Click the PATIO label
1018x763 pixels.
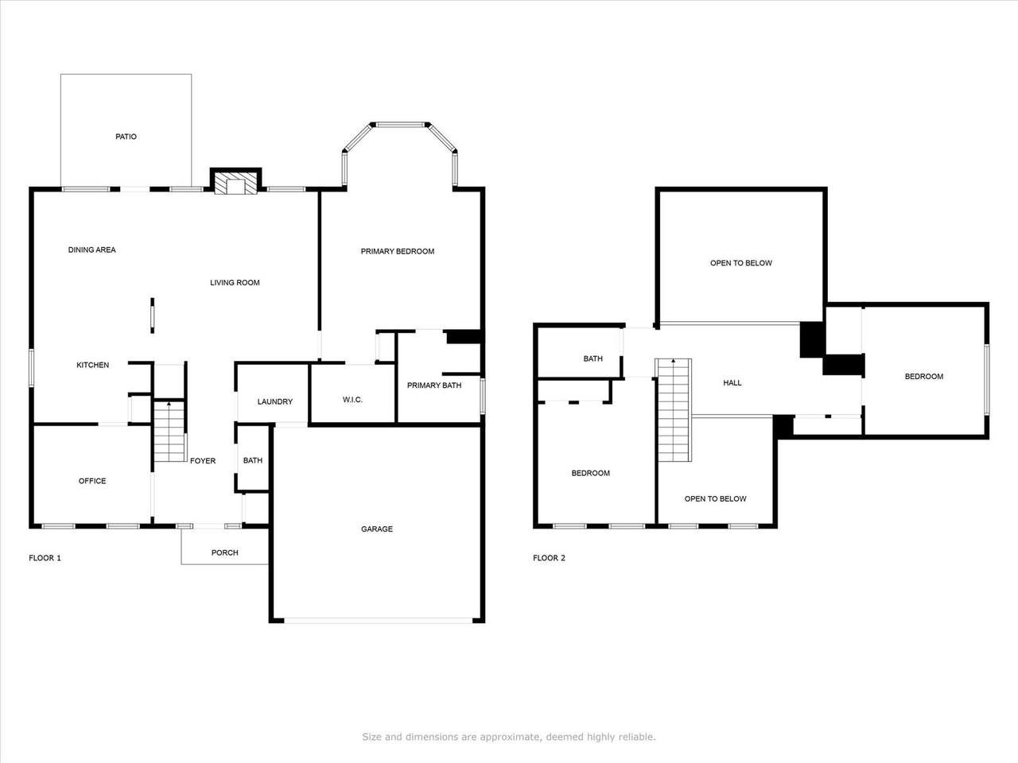click(x=126, y=137)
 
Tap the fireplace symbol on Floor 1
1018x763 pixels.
click(x=235, y=184)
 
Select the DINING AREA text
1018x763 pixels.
click(x=91, y=250)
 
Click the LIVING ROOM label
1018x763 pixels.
click(x=235, y=282)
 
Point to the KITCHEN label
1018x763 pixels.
click(x=92, y=365)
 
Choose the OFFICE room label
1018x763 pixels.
click(x=92, y=481)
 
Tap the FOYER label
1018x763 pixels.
click(x=203, y=461)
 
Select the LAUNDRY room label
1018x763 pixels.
click(x=274, y=402)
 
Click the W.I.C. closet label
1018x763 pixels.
click(x=352, y=400)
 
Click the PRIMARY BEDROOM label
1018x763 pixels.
click(x=397, y=251)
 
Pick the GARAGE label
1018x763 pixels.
click(x=376, y=529)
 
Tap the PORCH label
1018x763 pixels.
click(x=224, y=552)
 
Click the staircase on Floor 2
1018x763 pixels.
click(x=674, y=410)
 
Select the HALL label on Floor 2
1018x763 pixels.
click(x=732, y=383)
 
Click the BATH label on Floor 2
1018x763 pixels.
click(x=593, y=358)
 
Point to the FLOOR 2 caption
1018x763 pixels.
click(x=549, y=558)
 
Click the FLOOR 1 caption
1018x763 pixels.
click(x=45, y=558)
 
